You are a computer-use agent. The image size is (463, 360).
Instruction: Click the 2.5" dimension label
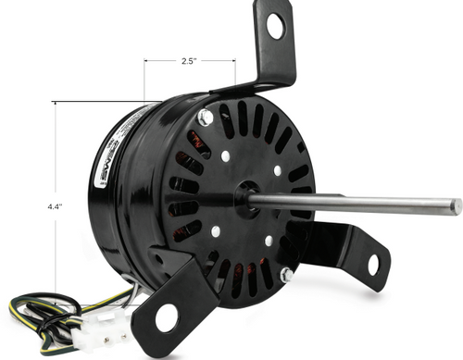189,62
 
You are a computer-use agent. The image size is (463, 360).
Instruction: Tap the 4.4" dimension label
55,207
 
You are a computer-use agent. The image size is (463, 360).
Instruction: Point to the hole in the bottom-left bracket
166,318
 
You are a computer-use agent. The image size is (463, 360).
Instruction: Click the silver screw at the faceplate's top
205,117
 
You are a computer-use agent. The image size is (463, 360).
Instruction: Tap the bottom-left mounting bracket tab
167,310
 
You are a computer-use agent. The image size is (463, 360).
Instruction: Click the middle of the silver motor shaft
352,201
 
